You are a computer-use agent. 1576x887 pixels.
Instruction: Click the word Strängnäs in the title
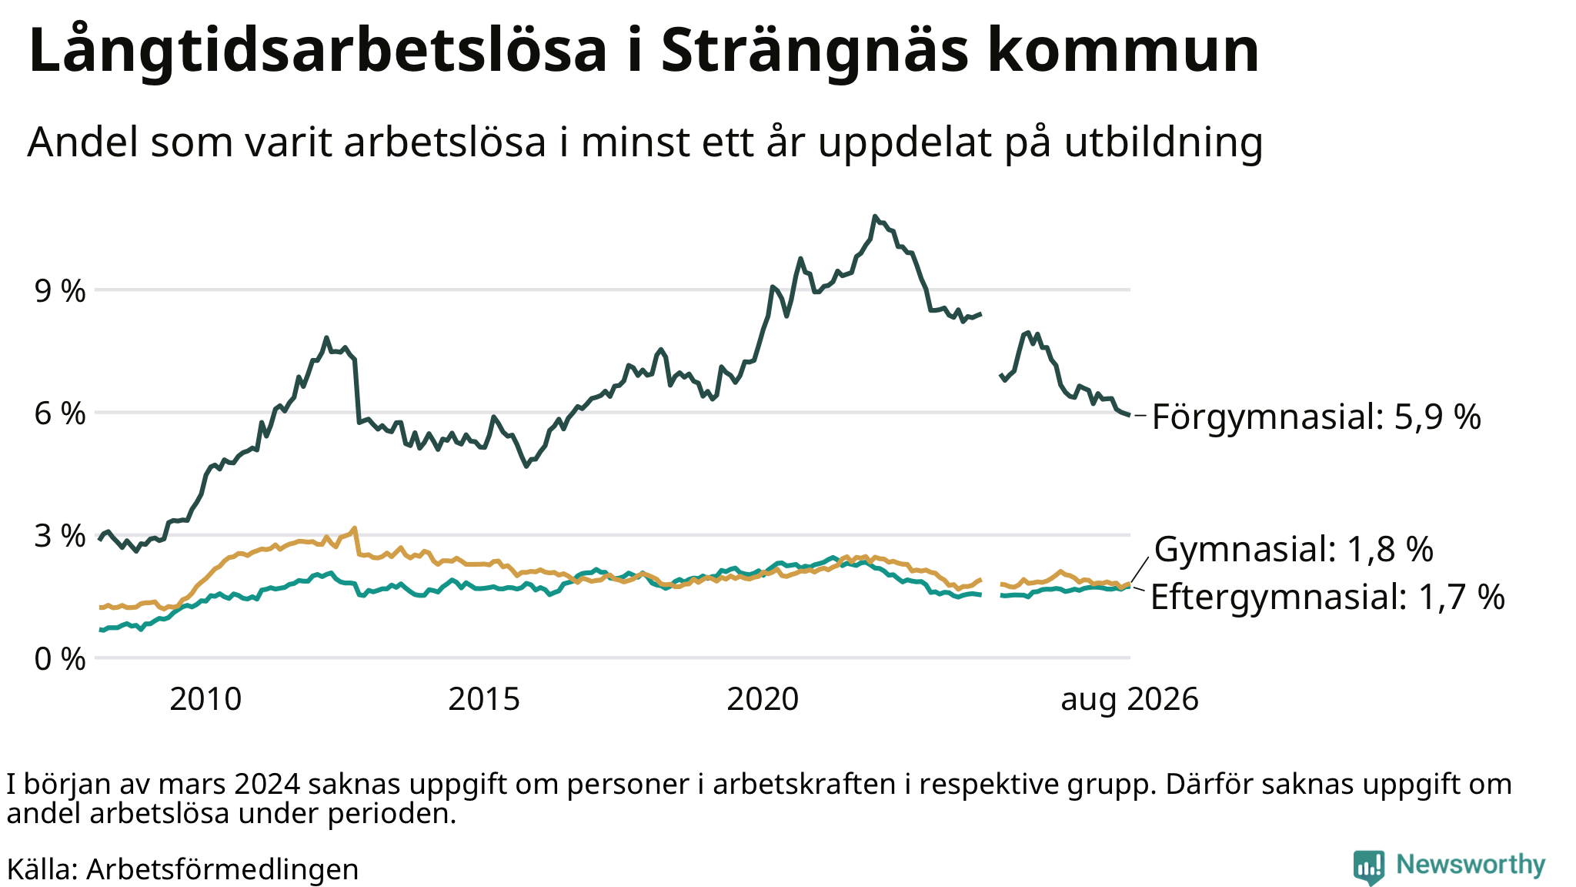[x=813, y=52]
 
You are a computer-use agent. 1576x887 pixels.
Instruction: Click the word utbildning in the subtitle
[x=1164, y=143]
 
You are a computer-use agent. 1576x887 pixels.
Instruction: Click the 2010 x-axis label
[x=205, y=700]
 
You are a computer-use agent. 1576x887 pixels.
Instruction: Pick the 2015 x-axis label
[x=484, y=700]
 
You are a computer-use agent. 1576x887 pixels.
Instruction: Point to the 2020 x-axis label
[x=763, y=700]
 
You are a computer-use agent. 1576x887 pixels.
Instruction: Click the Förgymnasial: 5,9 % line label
[x=1317, y=417]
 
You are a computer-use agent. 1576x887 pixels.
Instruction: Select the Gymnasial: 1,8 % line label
[x=1294, y=550]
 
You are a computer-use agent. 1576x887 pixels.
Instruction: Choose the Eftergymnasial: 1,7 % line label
[x=1327, y=597]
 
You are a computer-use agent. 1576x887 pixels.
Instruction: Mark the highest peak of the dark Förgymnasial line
[x=874, y=216]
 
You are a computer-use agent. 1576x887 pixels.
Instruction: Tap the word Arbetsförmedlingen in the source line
[x=222, y=870]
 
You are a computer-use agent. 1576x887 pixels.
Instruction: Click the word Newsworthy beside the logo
[x=1471, y=865]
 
